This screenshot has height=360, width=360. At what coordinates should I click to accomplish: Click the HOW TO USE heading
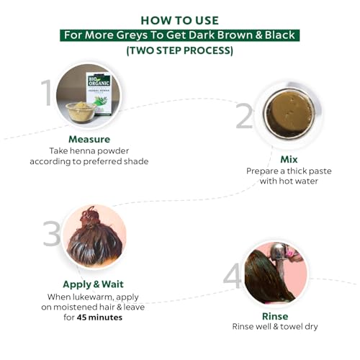(x=180, y=20)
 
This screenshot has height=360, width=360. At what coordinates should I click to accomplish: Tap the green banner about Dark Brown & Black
(x=179, y=35)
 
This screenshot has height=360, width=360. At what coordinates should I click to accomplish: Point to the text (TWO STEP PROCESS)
(x=180, y=50)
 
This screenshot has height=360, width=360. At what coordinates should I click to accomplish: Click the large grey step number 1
(x=47, y=93)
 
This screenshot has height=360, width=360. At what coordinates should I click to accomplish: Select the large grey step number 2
(x=244, y=116)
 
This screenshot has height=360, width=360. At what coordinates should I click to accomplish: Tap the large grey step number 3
(x=52, y=233)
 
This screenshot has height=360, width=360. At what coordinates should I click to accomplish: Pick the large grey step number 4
(x=233, y=275)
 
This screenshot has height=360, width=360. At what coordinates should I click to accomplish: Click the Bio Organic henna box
(x=99, y=94)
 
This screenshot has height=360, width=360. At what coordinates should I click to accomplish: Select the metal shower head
(x=279, y=254)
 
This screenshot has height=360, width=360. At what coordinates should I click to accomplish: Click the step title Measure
(x=89, y=139)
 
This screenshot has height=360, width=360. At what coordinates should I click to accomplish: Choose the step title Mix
(x=289, y=159)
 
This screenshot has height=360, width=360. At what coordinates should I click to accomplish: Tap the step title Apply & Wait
(x=93, y=284)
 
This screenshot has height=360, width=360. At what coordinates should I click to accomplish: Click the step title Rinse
(x=275, y=316)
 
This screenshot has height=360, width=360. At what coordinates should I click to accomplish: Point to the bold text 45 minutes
(x=99, y=318)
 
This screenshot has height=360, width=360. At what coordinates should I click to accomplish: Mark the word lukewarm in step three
(x=92, y=297)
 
